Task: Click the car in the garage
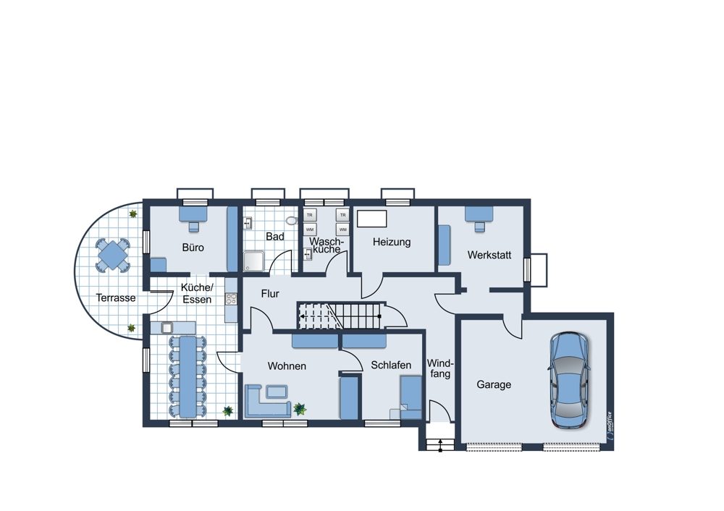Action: click(x=568, y=381)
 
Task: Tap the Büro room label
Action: click(x=193, y=248)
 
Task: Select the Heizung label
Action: click(x=392, y=242)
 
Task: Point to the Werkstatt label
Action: click(x=489, y=255)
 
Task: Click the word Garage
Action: click(x=494, y=384)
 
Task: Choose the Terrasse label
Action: click(x=116, y=297)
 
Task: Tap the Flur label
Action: click(x=270, y=294)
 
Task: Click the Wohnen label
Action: click(x=287, y=366)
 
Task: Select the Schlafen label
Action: click(x=391, y=365)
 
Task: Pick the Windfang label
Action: click(x=439, y=368)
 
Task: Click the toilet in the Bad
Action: click(x=292, y=221)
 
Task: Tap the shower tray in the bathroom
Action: click(x=253, y=261)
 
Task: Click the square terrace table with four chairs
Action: click(x=113, y=255)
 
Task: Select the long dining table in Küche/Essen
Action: click(x=188, y=376)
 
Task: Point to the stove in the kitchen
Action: click(x=231, y=299)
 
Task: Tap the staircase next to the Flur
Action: click(x=342, y=316)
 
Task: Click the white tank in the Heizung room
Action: click(x=371, y=219)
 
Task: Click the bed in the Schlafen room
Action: click(x=411, y=397)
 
